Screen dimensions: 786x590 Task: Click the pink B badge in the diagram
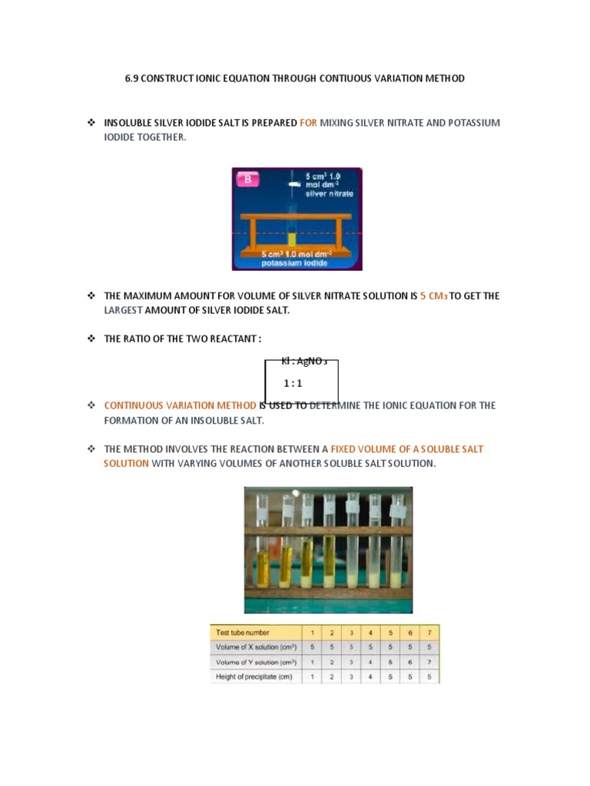(248, 180)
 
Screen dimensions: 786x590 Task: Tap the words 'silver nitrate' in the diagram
(329, 193)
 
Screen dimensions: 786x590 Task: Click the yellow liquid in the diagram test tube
(291, 239)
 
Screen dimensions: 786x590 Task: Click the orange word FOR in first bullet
(307, 123)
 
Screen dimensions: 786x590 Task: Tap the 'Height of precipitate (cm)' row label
(252, 676)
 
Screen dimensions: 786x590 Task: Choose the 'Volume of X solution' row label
(250, 647)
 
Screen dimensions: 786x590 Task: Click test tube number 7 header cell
(429, 632)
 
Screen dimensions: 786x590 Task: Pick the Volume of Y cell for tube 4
(370, 662)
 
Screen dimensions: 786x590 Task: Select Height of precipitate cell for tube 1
(311, 676)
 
